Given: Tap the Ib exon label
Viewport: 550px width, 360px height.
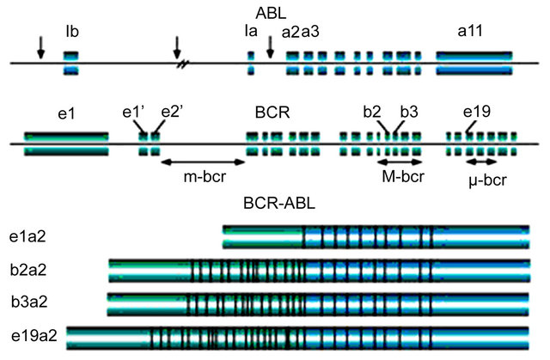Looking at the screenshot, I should pos(73,34).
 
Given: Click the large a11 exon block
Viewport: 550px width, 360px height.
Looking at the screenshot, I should pos(475,63).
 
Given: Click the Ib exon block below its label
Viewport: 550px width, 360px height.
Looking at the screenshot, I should pos(73,63).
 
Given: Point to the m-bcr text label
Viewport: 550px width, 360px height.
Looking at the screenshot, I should pos(204,176).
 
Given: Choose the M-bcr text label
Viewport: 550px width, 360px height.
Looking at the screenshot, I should pos(400,176).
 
